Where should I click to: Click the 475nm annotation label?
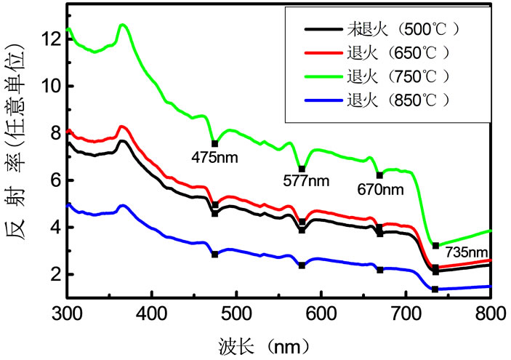[x=214, y=156]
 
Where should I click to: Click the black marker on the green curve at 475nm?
[x=214, y=143]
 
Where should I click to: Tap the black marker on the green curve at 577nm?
[x=302, y=169]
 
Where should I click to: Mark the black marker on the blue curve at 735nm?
[x=435, y=289]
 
